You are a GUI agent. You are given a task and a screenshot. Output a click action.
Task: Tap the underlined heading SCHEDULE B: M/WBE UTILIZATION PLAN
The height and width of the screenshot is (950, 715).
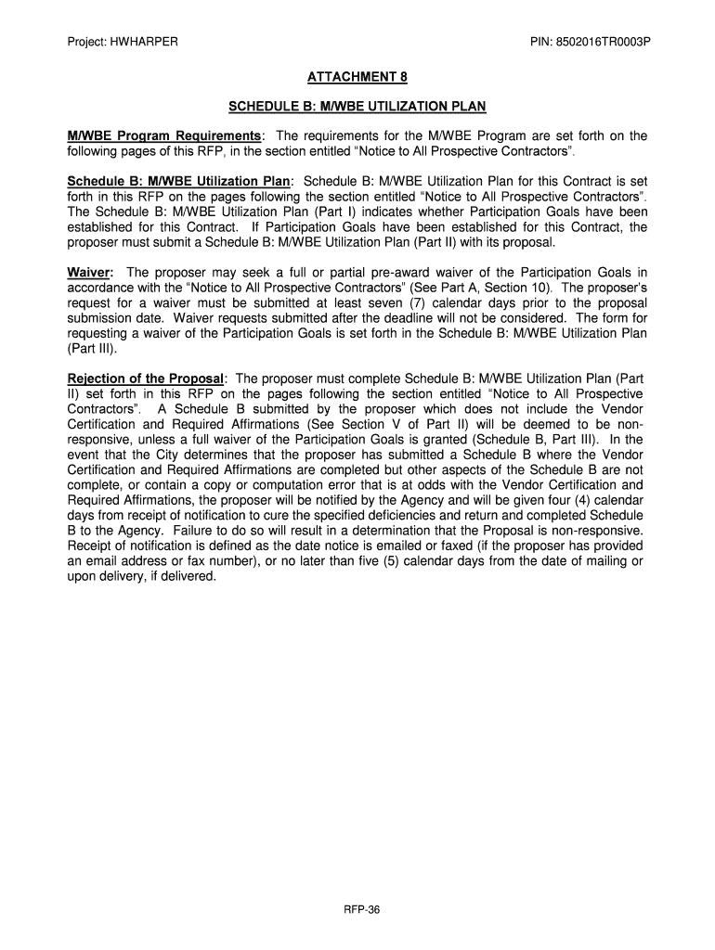pyautogui.click(x=357, y=106)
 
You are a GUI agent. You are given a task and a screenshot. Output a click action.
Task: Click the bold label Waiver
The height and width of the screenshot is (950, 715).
pyautogui.click(x=89, y=272)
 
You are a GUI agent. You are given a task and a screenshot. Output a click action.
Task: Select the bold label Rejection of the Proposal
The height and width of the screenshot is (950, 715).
pyautogui.click(x=146, y=379)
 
